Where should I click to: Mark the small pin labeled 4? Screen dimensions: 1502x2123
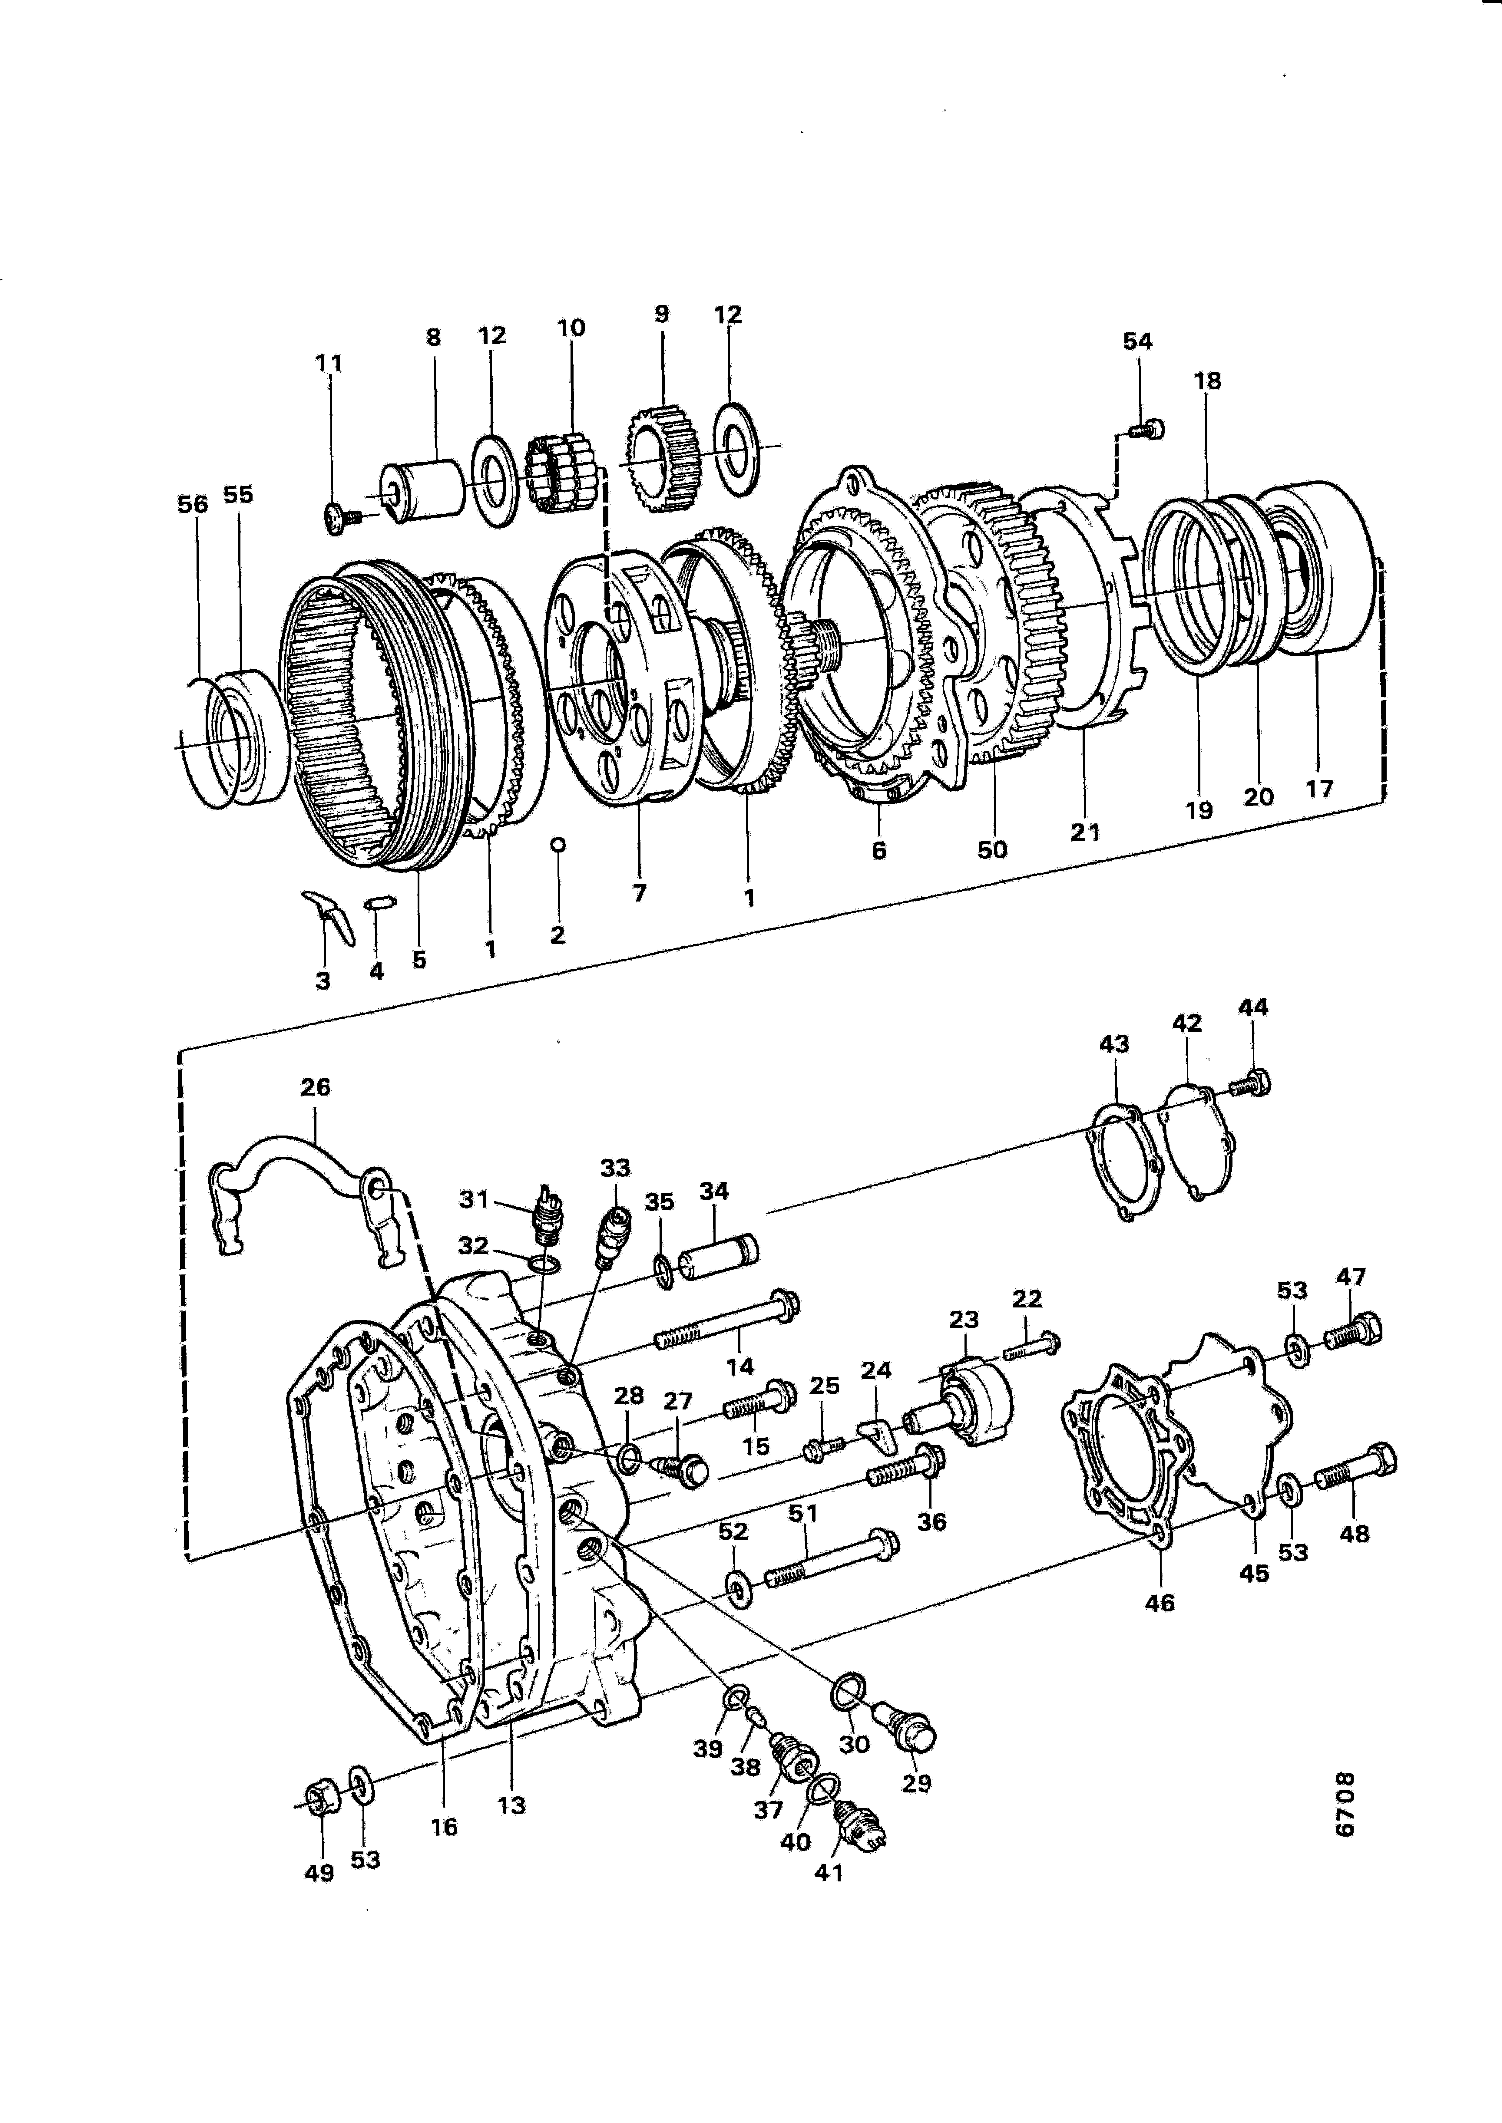point(381,902)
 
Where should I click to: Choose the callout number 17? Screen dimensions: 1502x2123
point(1319,789)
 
